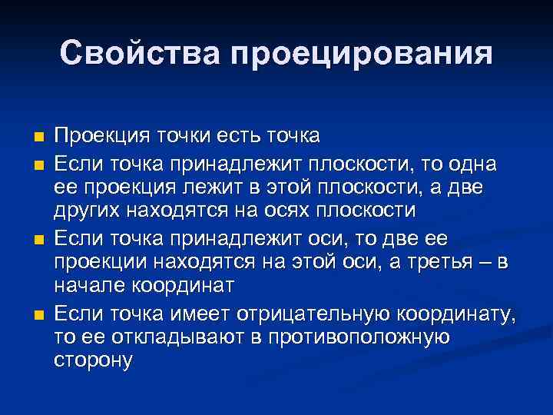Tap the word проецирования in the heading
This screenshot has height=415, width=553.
[359, 54]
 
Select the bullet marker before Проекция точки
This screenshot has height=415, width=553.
[38, 138]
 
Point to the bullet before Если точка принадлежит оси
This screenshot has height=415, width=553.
[38, 240]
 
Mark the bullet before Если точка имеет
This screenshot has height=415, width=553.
[38, 314]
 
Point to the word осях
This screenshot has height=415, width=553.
[301, 211]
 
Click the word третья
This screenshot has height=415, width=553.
[430, 261]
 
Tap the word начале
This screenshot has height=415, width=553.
[88, 286]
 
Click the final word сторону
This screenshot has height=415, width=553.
[94, 360]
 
